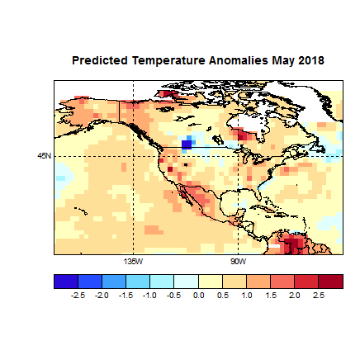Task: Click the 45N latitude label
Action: click(44, 155)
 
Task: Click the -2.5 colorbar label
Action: click(78, 294)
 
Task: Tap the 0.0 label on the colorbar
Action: click(198, 294)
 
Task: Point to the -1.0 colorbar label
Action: click(149, 294)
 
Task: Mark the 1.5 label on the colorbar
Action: click(270, 294)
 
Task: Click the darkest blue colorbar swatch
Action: click(65, 281)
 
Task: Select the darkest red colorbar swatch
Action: click(330, 281)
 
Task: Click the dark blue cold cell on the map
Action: click(187, 144)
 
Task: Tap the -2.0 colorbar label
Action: click(102, 294)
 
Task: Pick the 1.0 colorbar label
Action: click(246, 294)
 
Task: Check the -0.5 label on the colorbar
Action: click(173, 294)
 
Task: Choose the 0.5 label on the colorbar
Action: click(222, 294)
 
